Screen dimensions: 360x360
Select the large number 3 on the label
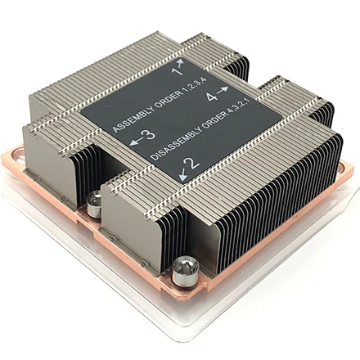147,136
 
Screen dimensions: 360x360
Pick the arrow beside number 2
176,170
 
